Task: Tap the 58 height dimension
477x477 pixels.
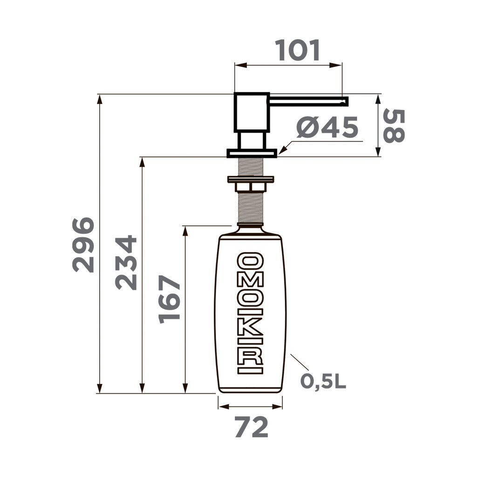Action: tap(394, 126)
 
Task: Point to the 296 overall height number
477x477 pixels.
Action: tap(84, 245)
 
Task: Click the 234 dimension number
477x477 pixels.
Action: tap(126, 263)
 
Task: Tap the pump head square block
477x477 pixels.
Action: tap(251, 113)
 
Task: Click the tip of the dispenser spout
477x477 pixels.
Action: tap(346, 99)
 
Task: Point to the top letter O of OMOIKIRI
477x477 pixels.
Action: tap(251, 261)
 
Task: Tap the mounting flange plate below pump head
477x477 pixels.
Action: tap(252, 152)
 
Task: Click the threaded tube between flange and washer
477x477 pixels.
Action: tap(251, 166)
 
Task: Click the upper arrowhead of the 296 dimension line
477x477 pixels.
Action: tap(100, 99)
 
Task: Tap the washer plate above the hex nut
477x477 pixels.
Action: tap(251, 179)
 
